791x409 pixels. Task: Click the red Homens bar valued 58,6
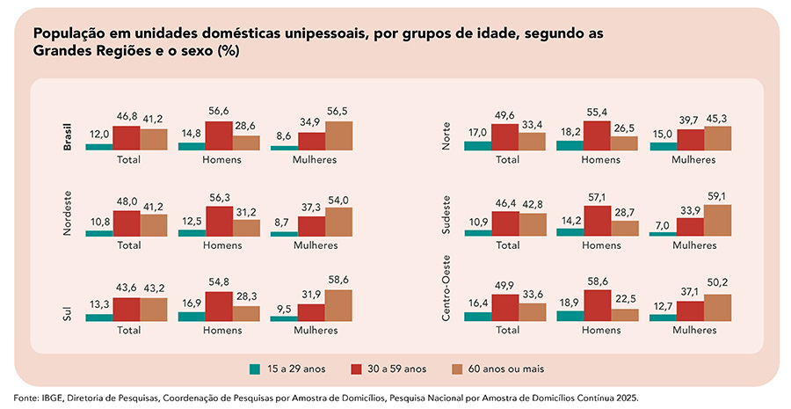click(597, 300)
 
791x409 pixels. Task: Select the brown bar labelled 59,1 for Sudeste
click(717, 220)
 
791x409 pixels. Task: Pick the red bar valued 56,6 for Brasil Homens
click(219, 135)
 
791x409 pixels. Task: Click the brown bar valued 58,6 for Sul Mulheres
click(338, 305)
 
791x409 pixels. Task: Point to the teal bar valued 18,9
click(570, 314)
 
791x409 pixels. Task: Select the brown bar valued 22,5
click(624, 313)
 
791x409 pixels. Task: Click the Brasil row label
click(68, 135)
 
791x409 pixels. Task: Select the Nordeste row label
click(68, 213)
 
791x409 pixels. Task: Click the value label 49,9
click(504, 286)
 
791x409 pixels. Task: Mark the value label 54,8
click(219, 281)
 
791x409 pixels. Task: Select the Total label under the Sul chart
click(128, 331)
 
